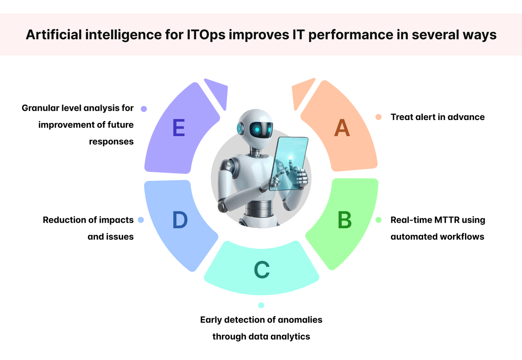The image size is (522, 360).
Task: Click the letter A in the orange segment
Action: (x=342, y=128)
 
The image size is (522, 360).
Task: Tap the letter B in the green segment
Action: (x=345, y=220)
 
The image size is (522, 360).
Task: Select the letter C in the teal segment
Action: (x=262, y=270)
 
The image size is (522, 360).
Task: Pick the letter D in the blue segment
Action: (x=180, y=220)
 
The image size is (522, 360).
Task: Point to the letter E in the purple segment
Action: (x=178, y=128)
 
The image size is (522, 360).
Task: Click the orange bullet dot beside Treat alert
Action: (x=378, y=117)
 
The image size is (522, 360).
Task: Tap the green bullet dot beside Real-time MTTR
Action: (x=378, y=220)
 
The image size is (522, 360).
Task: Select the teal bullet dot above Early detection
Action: (x=261, y=305)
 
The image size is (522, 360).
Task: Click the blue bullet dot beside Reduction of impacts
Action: (x=141, y=220)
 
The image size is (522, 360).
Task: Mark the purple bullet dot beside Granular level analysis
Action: (x=144, y=108)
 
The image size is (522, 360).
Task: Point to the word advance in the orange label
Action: (x=468, y=117)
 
